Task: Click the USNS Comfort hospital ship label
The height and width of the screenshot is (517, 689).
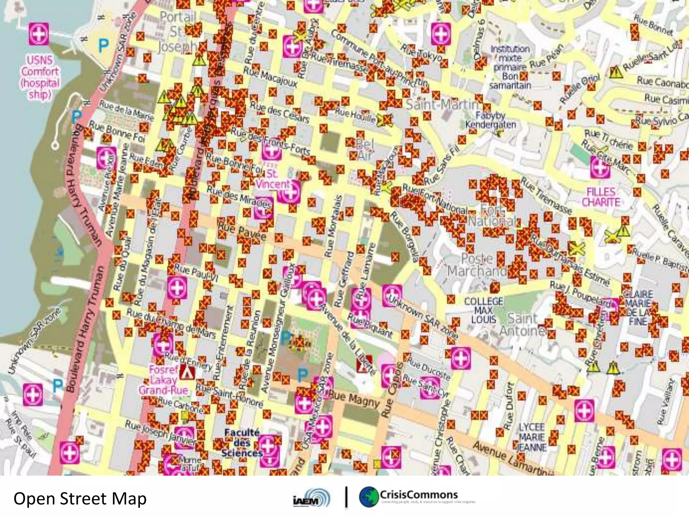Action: [40, 77]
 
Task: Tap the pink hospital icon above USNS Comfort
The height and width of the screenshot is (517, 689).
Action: [39, 34]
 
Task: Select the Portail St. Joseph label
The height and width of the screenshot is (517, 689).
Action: [178, 32]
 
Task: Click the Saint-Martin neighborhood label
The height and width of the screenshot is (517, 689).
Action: [442, 105]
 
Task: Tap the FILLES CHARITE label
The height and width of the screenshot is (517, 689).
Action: [601, 197]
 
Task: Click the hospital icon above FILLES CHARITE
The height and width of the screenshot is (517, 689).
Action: [600, 167]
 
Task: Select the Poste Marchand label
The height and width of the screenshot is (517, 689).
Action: [477, 265]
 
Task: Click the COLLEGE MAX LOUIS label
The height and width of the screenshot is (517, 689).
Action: [484, 310]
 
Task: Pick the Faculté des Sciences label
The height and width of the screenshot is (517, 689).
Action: [242, 443]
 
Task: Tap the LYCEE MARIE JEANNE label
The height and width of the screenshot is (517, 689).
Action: [532, 437]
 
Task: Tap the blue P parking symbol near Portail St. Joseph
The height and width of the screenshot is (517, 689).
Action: [103, 45]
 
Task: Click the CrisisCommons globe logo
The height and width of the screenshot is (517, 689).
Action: [369, 497]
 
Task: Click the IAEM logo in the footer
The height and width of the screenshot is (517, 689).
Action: [312, 498]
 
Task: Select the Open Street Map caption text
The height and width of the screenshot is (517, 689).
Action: [80, 498]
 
